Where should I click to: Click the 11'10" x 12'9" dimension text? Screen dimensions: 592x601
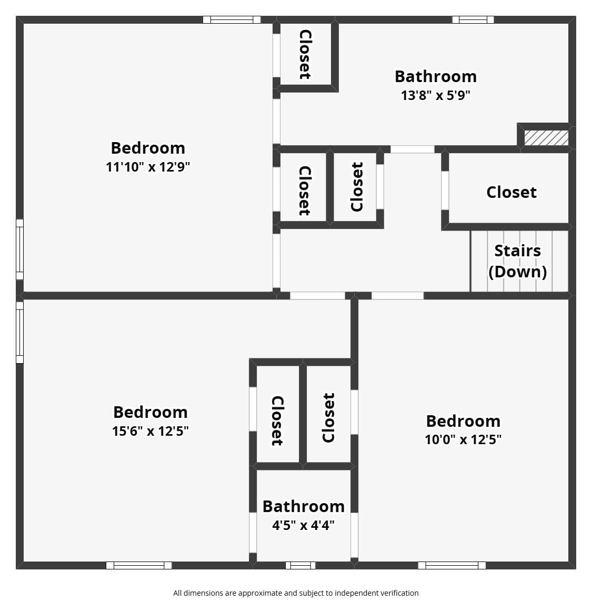click(148, 167)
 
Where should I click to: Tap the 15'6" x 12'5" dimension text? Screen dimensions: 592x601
click(150, 431)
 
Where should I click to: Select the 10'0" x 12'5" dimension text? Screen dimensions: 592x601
click(463, 439)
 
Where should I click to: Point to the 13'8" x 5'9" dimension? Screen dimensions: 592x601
click(436, 95)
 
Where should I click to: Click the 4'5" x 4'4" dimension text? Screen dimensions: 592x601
click(304, 525)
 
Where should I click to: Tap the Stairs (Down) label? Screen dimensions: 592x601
click(518, 261)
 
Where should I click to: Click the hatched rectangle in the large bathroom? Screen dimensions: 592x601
click(546, 138)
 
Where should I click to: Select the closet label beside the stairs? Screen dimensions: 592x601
click(511, 192)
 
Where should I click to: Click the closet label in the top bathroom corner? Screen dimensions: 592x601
click(305, 54)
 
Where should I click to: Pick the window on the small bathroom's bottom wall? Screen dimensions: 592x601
click(300, 565)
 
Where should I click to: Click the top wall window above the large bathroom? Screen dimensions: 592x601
click(473, 19)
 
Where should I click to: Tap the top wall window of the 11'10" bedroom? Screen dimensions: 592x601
click(232, 19)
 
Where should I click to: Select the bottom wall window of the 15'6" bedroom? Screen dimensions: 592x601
click(139, 565)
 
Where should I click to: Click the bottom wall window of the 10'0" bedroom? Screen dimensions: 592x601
click(452, 565)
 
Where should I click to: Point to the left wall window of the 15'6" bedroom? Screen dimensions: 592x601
click(19, 332)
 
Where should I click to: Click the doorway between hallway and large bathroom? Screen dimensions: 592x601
click(412, 149)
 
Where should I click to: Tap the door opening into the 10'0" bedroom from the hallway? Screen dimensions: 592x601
click(398, 296)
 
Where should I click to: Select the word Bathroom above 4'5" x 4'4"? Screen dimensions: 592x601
click(304, 506)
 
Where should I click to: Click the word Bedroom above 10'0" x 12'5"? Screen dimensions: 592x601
click(463, 421)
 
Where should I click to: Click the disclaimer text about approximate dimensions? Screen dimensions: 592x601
click(296, 593)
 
